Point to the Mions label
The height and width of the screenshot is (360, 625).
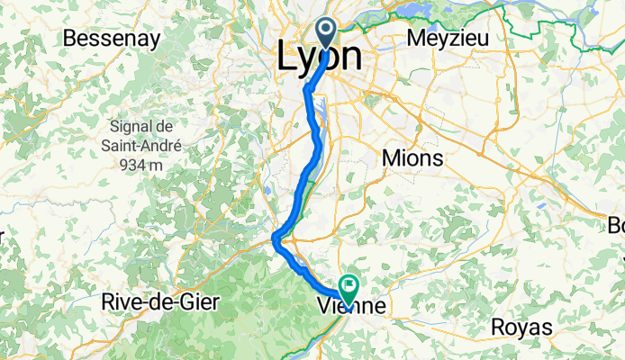tap(413, 158)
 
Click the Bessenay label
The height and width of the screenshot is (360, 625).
tap(112, 39)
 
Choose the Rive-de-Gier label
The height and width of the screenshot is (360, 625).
tap(160, 302)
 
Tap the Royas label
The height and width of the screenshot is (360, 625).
tap(521, 328)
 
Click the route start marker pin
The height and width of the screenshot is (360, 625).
tap(326, 32)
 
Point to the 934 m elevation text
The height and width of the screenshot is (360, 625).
tap(144, 165)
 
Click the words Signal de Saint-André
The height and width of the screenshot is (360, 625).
tap(144, 136)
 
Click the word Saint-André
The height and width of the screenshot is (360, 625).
tap(144, 145)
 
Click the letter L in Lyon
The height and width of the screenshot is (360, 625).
tap(285, 58)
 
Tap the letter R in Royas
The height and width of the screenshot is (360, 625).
tap(497, 328)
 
